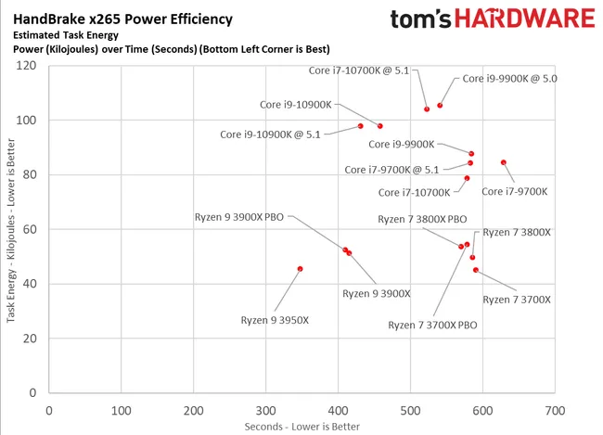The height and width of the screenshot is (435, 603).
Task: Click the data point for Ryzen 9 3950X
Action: coord(300,269)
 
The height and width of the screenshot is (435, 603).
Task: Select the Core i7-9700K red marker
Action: coord(504,162)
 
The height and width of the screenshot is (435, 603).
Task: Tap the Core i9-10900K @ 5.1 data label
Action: coord(270,134)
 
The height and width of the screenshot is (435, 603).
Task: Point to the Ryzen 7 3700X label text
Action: coord(517,300)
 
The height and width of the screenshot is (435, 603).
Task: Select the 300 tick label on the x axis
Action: coord(265,409)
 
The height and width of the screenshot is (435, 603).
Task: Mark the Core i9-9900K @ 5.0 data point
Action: coord(440,106)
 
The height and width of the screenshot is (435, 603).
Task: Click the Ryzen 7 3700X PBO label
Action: coord(432,325)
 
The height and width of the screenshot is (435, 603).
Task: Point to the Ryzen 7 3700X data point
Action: coord(476,270)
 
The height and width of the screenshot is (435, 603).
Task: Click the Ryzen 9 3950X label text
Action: coord(275,320)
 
